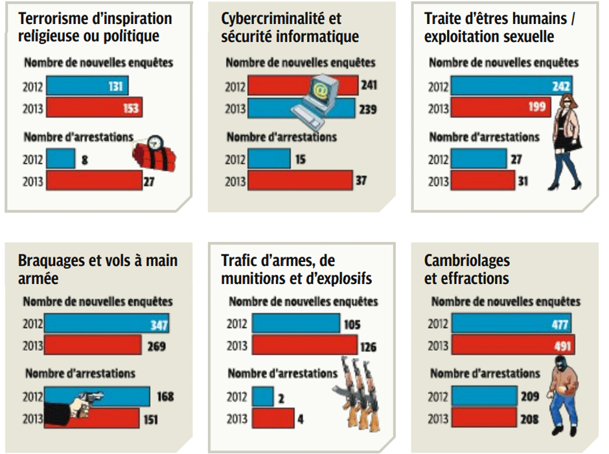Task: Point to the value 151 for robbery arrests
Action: click(x=150, y=419)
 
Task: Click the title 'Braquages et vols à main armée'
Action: click(x=98, y=270)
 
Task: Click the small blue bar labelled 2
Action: click(x=262, y=397)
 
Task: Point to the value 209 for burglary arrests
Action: click(x=529, y=397)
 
